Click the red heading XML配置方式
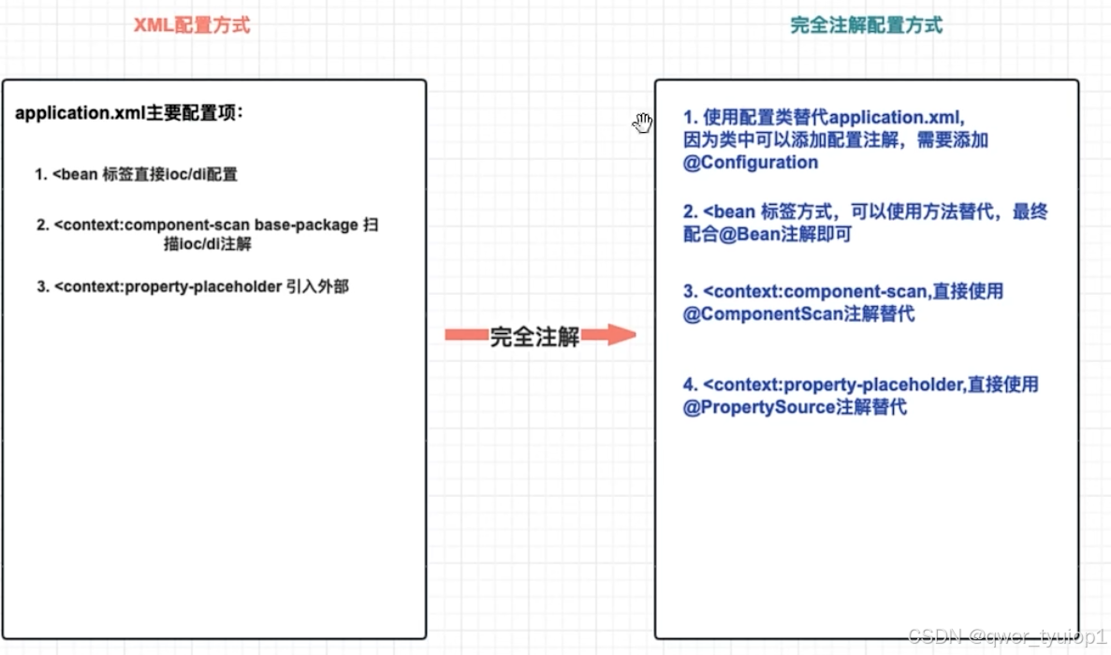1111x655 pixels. point(192,25)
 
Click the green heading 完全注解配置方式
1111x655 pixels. point(866,25)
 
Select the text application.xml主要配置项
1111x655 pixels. point(129,114)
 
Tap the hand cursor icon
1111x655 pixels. point(642,123)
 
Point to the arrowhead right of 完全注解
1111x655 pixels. point(621,335)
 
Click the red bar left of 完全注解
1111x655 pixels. point(465,335)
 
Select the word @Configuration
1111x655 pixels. point(751,163)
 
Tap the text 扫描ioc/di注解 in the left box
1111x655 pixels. point(207,244)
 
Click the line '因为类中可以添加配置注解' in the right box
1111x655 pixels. point(836,140)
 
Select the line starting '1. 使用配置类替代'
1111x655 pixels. point(823,118)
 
